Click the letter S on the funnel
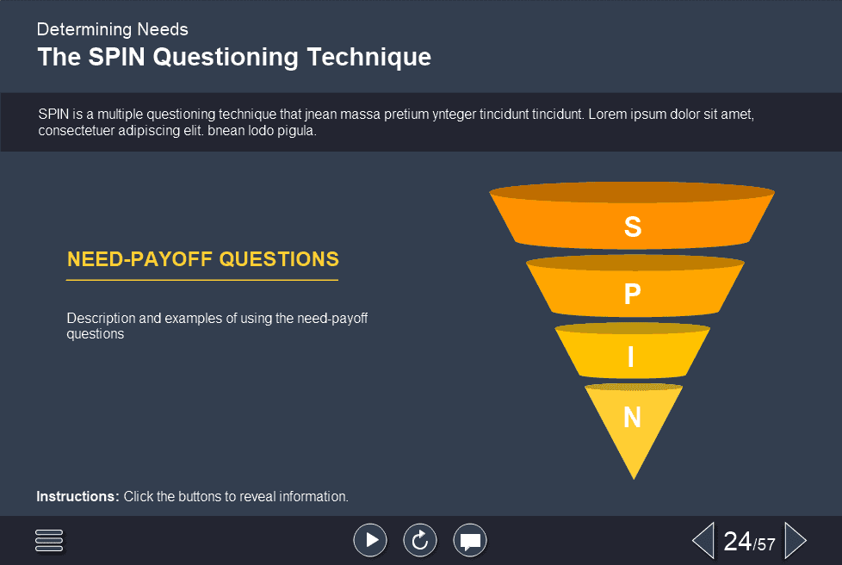click(633, 227)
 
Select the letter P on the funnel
click(633, 295)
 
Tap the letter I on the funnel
click(632, 357)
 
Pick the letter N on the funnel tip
click(633, 418)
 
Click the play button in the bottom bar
click(370, 540)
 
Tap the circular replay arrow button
click(420, 540)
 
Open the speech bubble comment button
click(470, 540)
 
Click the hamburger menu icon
click(50, 540)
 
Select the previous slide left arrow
click(703, 541)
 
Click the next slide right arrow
click(796, 541)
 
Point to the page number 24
click(738, 541)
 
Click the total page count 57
click(766, 544)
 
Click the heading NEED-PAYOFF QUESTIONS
click(203, 259)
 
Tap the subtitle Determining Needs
click(112, 29)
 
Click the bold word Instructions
click(77, 497)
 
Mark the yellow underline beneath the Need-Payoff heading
click(202, 280)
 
